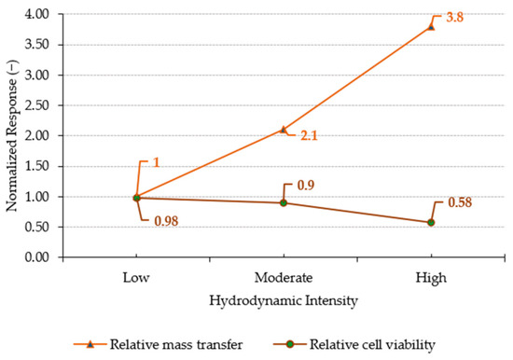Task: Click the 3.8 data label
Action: click(x=455, y=18)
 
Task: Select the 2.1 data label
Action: click(x=309, y=135)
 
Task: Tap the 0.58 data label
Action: click(x=460, y=202)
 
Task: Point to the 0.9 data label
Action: click(x=306, y=186)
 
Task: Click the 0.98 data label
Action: click(x=166, y=221)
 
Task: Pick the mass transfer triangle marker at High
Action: click(x=431, y=27)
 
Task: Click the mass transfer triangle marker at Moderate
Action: click(x=284, y=130)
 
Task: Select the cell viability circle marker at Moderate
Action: click(x=284, y=203)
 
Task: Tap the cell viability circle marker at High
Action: click(x=431, y=223)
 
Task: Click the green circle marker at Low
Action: click(x=136, y=198)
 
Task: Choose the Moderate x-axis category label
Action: click(x=284, y=278)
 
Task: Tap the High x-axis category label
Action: click(x=431, y=278)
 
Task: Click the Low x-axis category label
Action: click(x=136, y=278)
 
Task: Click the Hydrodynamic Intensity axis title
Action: click(x=284, y=300)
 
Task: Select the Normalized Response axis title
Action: click(x=12, y=135)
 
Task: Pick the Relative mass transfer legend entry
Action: click(x=159, y=345)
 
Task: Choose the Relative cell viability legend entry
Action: click(x=354, y=345)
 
